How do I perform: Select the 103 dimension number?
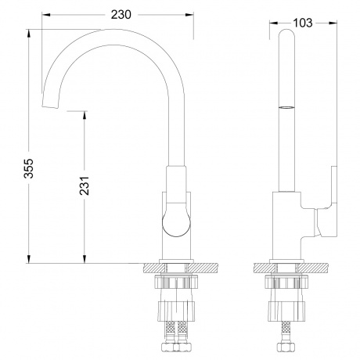(301, 23)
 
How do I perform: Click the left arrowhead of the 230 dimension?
(44, 14)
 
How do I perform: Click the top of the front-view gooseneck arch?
(117, 33)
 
